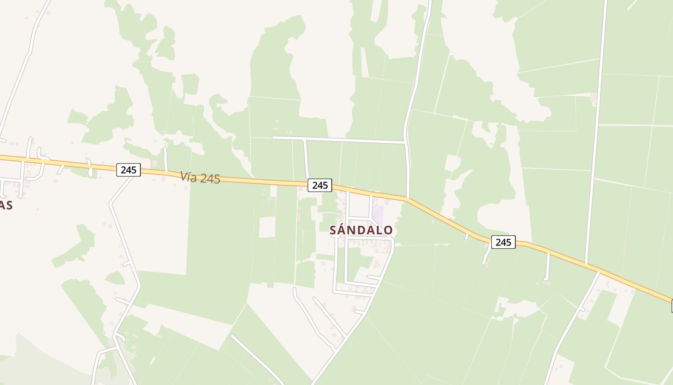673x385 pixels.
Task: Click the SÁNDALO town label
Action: (361, 231)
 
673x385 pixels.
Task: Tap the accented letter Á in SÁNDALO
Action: (342, 231)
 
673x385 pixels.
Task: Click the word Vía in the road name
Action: (189, 177)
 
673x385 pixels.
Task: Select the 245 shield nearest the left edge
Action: (128, 169)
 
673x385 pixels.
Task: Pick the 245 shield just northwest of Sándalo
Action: (320, 185)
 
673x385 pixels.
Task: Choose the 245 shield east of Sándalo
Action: (503, 242)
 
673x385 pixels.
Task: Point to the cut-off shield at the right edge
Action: (672, 306)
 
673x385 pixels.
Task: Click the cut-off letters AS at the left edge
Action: (6, 205)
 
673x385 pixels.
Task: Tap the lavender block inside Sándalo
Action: (378, 214)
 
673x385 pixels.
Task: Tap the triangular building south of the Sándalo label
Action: (376, 264)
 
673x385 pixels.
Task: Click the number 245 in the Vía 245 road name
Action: (210, 179)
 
